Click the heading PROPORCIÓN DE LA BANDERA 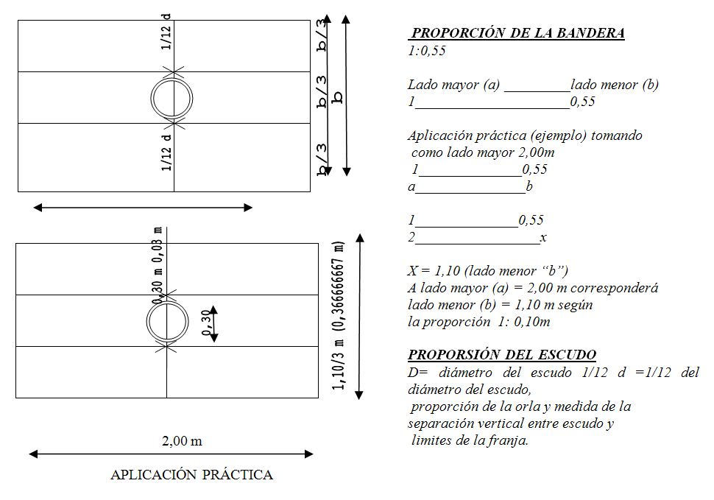click(x=517, y=33)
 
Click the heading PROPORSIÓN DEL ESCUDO click(x=502, y=354)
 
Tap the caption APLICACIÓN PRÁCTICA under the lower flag click(x=191, y=474)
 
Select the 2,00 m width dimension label click(x=182, y=441)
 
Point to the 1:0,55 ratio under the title click(x=427, y=51)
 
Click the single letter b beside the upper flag click(x=337, y=97)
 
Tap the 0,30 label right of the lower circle click(x=207, y=323)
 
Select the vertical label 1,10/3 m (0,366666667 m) click(x=338, y=315)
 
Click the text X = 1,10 click(x=434, y=271)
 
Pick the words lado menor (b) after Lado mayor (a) click(x=615, y=85)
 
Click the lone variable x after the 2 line click(x=542, y=238)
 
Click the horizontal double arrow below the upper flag click(x=143, y=208)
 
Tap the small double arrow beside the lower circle click(x=214, y=324)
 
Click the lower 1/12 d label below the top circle click(x=166, y=152)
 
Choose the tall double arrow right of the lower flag click(x=360, y=317)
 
